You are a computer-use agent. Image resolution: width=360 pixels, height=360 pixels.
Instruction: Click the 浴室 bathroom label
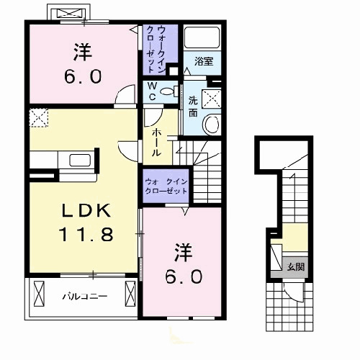203,63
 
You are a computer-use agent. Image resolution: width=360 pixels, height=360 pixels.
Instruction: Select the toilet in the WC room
168,91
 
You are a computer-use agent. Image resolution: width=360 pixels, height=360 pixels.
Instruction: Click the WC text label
153,90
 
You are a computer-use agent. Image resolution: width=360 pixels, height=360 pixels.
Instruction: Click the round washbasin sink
212,125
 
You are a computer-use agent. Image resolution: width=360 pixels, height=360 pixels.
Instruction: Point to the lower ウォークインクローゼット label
166,187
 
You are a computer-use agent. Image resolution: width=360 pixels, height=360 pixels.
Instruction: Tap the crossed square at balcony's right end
130,294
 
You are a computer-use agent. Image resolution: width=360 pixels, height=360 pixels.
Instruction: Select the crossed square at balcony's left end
37,295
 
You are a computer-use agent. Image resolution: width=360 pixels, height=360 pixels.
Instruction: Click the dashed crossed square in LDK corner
38,117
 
